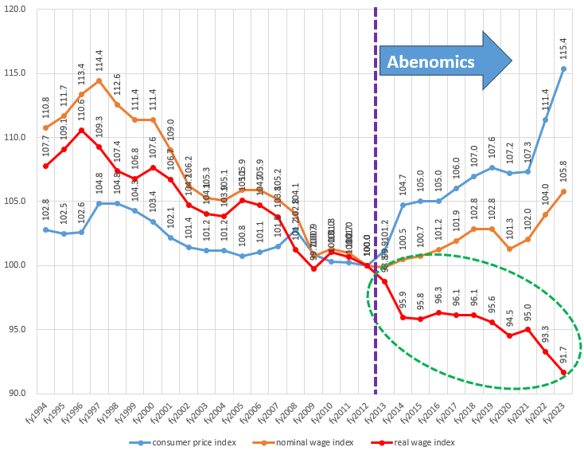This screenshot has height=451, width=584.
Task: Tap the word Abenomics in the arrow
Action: [430, 61]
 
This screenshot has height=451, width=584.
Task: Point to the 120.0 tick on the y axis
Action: [16, 10]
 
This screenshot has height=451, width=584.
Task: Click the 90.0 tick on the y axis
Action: [18, 393]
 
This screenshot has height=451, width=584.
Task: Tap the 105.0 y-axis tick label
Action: [16, 202]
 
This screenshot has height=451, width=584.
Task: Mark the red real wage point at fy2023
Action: [564, 372]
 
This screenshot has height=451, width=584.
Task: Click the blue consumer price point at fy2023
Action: [564, 69]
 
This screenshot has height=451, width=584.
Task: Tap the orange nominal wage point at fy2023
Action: [564, 191]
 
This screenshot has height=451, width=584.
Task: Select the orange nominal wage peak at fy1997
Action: [99, 80]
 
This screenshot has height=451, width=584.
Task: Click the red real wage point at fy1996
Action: [81, 130]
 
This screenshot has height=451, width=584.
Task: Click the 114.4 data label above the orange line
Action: [99, 58]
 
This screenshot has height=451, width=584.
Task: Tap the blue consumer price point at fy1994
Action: [46, 229]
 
